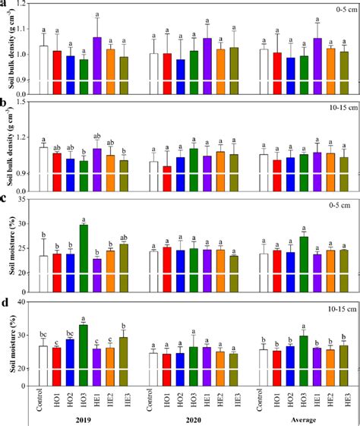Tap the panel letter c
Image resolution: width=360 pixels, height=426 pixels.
pyautogui.click(x=6, y=196)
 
